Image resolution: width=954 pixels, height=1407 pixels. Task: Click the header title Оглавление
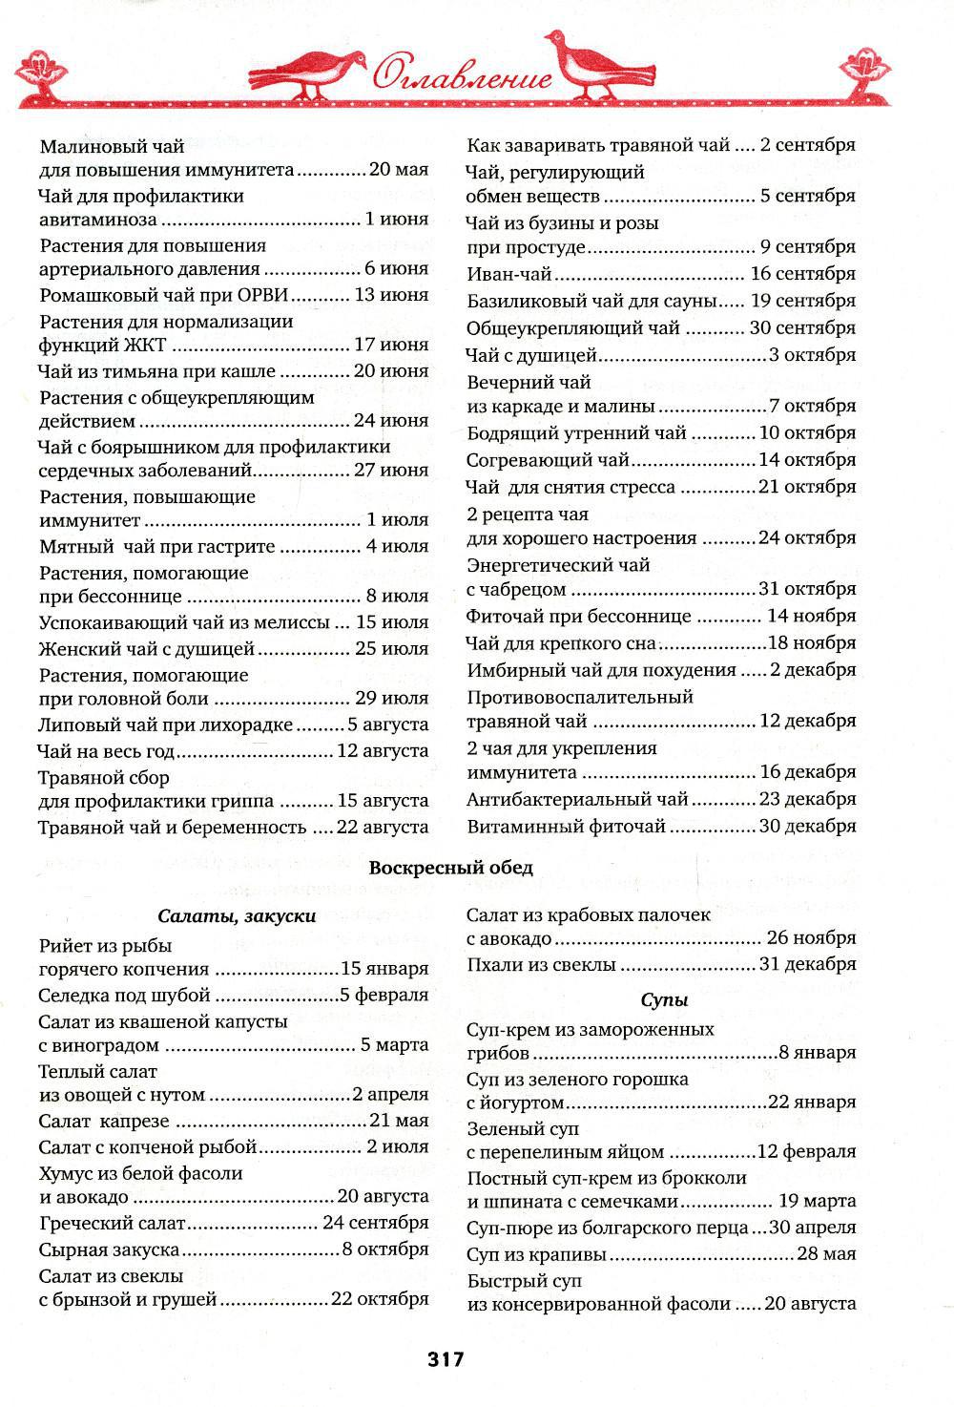[x=462, y=74]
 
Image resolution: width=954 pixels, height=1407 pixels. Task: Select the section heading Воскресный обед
[x=451, y=868]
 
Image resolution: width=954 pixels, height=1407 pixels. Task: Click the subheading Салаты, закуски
[x=236, y=915]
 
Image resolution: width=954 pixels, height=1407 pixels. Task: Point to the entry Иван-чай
[x=509, y=274]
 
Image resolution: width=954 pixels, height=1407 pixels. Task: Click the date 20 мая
[x=399, y=170]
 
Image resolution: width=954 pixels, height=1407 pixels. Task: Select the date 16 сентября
[x=803, y=274]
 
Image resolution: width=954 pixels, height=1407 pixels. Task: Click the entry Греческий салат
[x=113, y=1223]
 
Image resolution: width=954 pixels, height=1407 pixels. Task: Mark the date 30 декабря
[x=807, y=826]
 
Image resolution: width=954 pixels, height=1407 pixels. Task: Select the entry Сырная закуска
[x=110, y=1249]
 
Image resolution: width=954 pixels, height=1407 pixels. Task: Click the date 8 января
[x=818, y=1053]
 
